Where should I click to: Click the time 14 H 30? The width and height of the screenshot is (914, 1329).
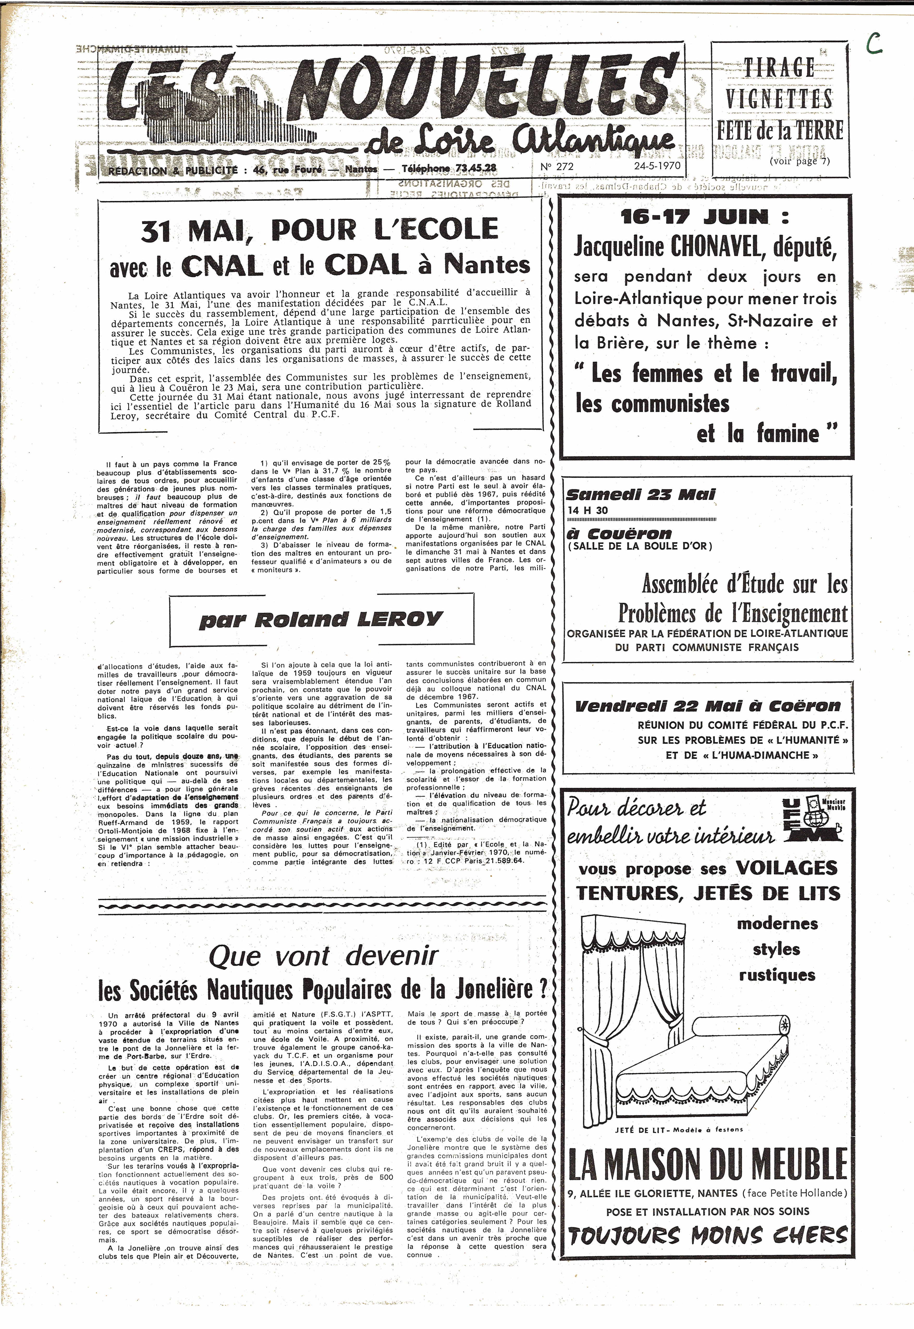tap(588, 511)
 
